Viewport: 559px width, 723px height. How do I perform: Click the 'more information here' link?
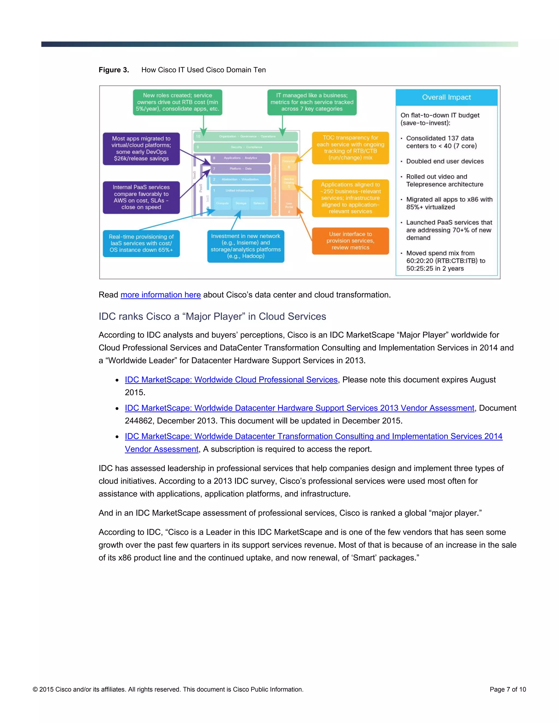(x=160, y=295)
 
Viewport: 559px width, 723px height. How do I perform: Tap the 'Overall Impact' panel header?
(x=446, y=97)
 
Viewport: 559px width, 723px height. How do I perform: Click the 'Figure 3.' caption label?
(x=114, y=70)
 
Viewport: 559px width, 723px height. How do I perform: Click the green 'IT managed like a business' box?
(x=312, y=102)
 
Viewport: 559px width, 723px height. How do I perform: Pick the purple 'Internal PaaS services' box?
(x=141, y=197)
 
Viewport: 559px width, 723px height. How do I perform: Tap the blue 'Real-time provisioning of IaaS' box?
(x=141, y=243)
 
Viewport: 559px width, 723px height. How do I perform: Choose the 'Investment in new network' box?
(x=246, y=246)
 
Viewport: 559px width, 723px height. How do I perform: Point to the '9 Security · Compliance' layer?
(x=245, y=147)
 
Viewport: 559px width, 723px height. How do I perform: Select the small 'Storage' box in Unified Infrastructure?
(x=241, y=203)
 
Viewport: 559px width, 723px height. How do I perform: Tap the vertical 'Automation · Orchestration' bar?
(x=275, y=185)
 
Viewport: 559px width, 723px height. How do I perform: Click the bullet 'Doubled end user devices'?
(x=444, y=161)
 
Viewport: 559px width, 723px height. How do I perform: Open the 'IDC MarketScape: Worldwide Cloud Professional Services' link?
(x=231, y=380)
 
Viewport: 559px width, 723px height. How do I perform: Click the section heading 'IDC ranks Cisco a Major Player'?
(x=212, y=316)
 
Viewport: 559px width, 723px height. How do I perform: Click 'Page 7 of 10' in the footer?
(x=507, y=689)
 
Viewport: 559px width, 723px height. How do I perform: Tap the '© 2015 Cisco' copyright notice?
(x=168, y=689)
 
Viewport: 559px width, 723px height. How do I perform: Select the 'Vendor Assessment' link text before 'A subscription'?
(x=162, y=449)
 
